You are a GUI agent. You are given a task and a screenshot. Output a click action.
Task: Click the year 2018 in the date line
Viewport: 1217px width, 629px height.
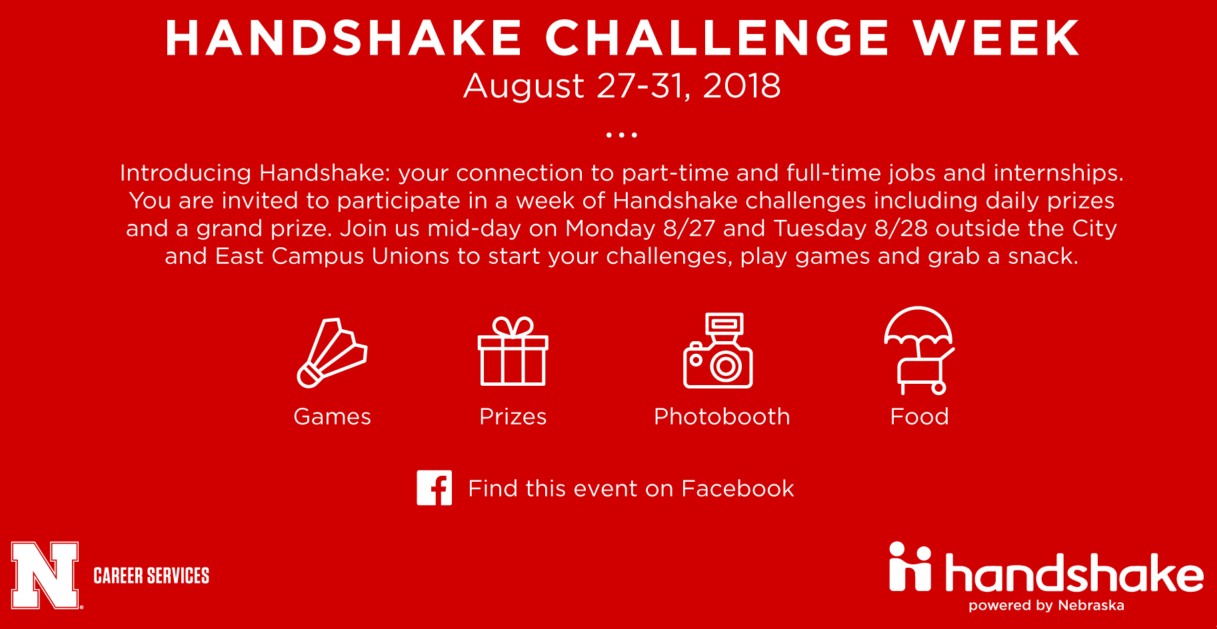(741, 86)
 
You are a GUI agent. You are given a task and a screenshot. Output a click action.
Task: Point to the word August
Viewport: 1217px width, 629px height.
(524, 87)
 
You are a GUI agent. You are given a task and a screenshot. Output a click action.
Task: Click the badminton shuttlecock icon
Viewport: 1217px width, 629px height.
(331, 353)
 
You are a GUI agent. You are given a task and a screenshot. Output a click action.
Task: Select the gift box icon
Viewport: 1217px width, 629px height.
(513, 351)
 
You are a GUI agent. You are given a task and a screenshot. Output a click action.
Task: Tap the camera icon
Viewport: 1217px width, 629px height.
(718, 350)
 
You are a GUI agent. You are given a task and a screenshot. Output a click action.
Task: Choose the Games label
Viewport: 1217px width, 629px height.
(332, 416)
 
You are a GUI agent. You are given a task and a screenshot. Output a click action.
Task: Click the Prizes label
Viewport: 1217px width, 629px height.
(513, 416)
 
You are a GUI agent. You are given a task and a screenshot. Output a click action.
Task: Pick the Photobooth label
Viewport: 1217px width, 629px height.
(722, 416)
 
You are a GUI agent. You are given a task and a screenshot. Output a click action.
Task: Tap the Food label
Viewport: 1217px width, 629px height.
(919, 416)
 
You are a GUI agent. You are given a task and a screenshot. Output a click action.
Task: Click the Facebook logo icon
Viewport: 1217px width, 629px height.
(435, 488)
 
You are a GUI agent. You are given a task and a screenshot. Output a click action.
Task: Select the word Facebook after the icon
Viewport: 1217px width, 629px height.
(738, 488)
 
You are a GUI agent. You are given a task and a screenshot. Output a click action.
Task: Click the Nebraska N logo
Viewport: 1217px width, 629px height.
(46, 575)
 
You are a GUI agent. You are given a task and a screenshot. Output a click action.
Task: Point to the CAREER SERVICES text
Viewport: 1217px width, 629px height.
(151, 576)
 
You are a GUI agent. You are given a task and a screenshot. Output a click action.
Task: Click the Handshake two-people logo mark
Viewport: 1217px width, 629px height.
(910, 566)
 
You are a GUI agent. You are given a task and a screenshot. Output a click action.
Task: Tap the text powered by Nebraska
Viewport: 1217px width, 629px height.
(1046, 606)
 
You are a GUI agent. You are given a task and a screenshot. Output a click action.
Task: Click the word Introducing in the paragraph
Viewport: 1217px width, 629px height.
(185, 173)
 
